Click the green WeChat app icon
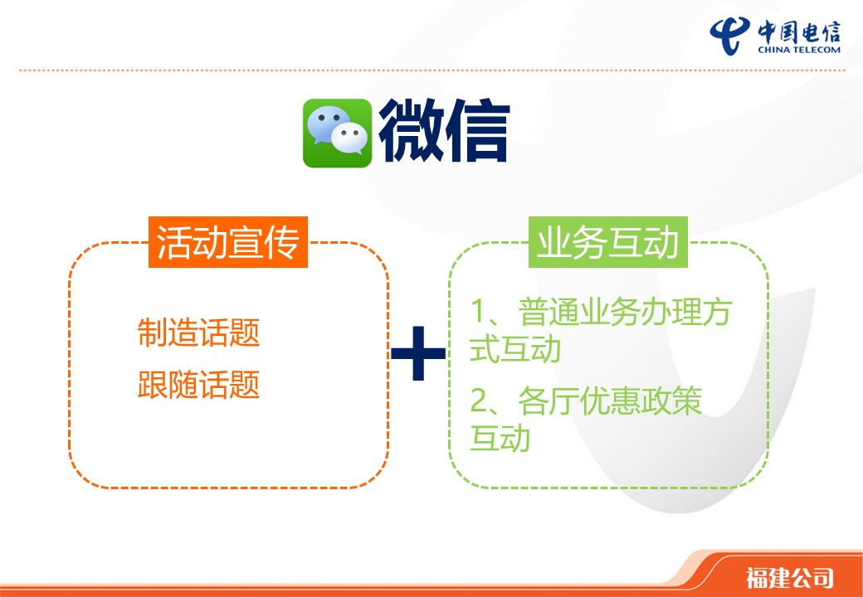338,133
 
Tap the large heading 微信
444,131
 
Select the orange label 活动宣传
228,242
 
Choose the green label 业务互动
608,242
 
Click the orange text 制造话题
198,332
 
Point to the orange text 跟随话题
198,384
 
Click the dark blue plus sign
418,353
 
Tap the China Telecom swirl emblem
729,35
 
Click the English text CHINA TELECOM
799,50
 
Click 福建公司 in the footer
790,577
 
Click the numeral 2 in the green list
477,402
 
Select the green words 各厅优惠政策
611,402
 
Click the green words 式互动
515,350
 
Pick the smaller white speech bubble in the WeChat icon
349,137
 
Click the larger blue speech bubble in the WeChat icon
328,124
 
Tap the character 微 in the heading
411,131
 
